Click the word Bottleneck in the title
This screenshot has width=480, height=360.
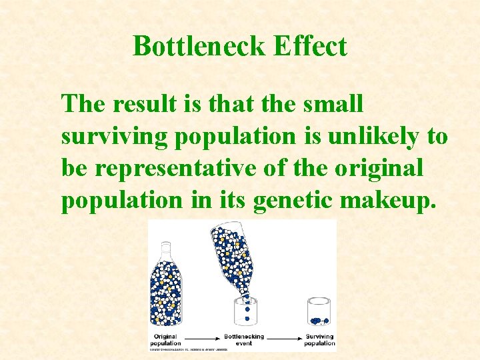[x=194, y=47]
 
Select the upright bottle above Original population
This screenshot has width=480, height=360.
[x=165, y=284]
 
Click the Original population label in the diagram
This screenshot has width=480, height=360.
[x=165, y=340]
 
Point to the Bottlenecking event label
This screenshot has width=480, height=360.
[x=244, y=340]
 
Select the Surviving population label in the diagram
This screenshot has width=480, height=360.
[x=320, y=340]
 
